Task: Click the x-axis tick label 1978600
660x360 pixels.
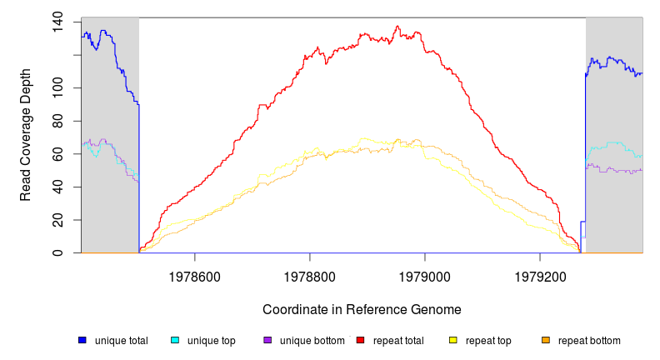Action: pos(195,274)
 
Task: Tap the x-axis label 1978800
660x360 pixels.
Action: pos(310,274)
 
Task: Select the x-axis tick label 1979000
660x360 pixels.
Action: pos(425,274)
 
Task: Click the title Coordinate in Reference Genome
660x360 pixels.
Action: pos(362,309)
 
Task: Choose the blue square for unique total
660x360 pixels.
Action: pos(82,341)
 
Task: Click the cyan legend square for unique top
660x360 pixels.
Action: pos(175,341)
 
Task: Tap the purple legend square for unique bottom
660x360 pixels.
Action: pos(267,341)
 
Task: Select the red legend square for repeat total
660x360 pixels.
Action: pos(360,341)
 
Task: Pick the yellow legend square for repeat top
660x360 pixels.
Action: pos(452,341)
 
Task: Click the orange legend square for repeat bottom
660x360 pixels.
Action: pos(545,341)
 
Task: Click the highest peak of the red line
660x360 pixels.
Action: pos(397,26)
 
